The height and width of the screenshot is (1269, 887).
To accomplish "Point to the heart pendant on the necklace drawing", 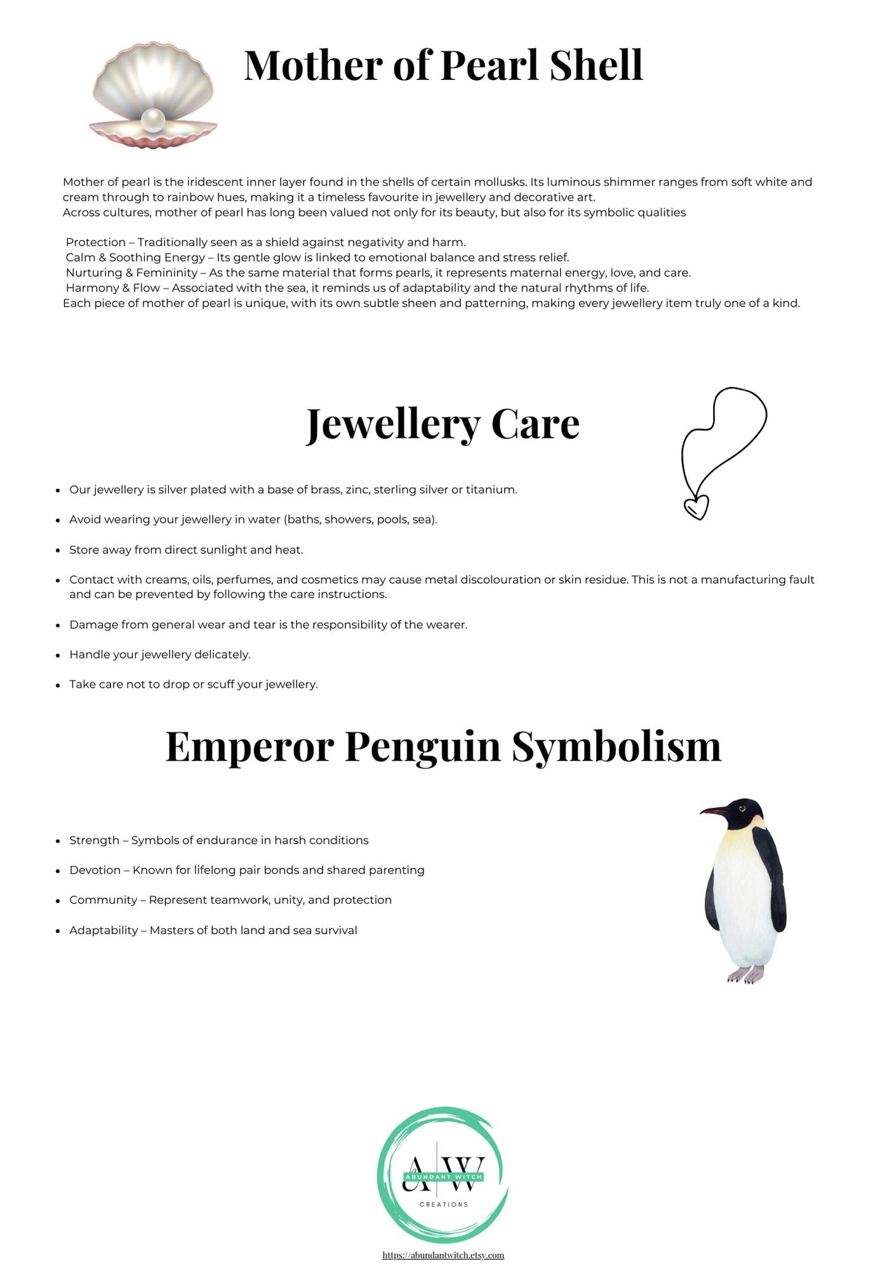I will click(x=696, y=507).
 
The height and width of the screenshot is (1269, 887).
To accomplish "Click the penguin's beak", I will click(x=712, y=811).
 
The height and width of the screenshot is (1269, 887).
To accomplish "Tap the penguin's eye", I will click(x=742, y=808).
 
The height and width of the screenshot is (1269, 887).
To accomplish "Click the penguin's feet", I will click(x=745, y=975).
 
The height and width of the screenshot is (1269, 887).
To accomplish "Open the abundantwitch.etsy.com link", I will click(x=443, y=1255).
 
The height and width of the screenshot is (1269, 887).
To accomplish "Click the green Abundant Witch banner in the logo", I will click(x=444, y=1177).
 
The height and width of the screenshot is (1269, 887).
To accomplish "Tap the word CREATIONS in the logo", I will click(x=444, y=1204).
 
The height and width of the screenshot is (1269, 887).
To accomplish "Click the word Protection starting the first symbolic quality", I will click(x=95, y=242).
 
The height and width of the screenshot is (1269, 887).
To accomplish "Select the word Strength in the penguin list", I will click(x=94, y=840).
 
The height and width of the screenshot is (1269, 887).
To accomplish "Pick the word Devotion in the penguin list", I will click(x=95, y=870).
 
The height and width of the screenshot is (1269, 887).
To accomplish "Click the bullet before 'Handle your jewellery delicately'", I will click(x=58, y=655).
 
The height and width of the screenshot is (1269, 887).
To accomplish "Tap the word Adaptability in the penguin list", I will click(x=103, y=930).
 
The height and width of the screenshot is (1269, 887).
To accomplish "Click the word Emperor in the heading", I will click(x=250, y=746).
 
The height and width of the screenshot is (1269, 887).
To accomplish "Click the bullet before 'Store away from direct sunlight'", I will click(x=58, y=550).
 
